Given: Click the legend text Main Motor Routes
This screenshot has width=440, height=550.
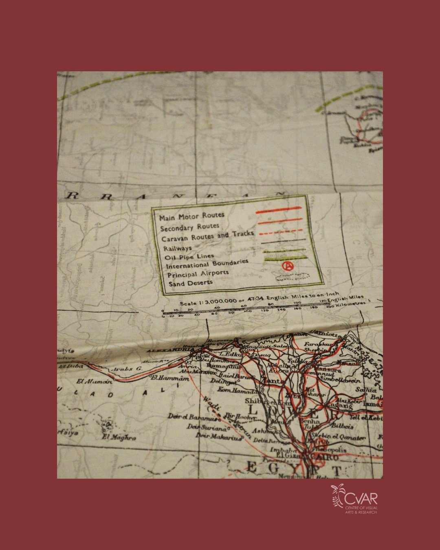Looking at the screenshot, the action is pos(191,216).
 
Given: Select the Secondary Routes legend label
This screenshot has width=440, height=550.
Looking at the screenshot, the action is pos(189,227).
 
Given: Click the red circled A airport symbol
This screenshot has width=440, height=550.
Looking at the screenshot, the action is pos(288,266).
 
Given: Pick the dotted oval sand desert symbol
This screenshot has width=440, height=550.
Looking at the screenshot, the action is pos(292,277).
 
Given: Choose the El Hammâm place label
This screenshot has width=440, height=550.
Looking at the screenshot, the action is pos(170,378).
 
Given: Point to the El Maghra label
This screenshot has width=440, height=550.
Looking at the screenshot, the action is pos(119,438).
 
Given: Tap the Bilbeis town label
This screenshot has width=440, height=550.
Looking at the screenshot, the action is pos(331,427).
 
